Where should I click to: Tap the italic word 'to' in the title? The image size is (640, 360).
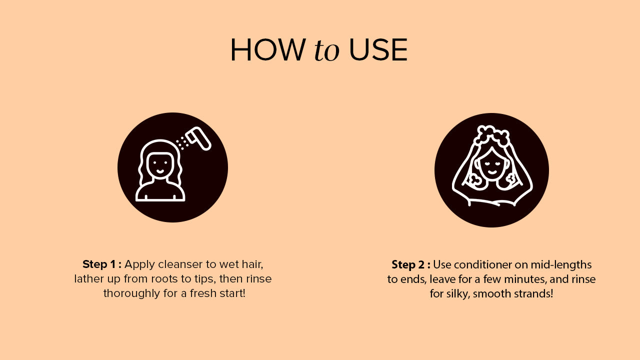(x=326, y=50)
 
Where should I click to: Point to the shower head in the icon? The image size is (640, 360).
(x=198, y=138)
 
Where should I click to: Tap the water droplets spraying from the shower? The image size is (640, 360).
(x=181, y=143)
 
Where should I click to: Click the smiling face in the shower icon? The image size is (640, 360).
(x=160, y=164)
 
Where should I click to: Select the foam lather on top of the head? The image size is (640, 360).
(x=491, y=135)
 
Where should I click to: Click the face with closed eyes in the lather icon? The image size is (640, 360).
(x=491, y=165)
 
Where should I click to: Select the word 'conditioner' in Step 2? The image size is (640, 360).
(x=482, y=265)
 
